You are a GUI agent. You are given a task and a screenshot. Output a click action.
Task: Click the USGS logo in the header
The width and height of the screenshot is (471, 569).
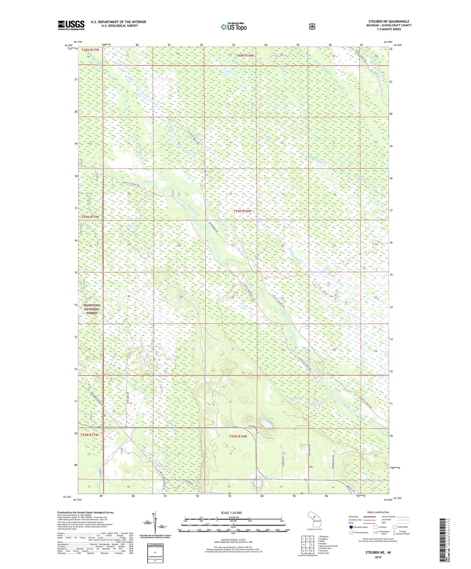click(71, 25)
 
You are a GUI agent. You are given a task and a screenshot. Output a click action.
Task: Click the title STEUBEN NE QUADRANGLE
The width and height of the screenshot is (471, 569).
click(389, 22)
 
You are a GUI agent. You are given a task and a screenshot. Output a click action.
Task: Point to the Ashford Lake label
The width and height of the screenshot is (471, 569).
click(266, 418)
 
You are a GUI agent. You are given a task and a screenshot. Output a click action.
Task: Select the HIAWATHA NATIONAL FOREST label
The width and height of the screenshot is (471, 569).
click(92, 309)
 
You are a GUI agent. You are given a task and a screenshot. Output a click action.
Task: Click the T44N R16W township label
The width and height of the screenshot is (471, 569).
click(242, 211)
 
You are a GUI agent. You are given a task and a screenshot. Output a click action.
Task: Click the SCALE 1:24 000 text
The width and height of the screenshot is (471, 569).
click(231, 513)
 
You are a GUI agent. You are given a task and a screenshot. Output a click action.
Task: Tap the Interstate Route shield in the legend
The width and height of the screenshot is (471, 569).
click(351, 527)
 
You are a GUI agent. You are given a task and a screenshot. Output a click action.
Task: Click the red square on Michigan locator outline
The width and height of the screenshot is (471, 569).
click(314, 517)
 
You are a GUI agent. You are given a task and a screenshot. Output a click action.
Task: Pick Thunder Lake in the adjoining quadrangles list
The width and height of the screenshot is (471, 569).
click(324, 548)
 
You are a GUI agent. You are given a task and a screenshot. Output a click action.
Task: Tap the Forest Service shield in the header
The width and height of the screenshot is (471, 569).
click(312, 26)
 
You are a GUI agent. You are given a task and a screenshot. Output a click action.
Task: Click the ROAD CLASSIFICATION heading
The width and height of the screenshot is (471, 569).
click(378, 512)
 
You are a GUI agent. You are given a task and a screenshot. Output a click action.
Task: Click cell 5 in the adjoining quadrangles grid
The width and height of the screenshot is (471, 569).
click(311, 545)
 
